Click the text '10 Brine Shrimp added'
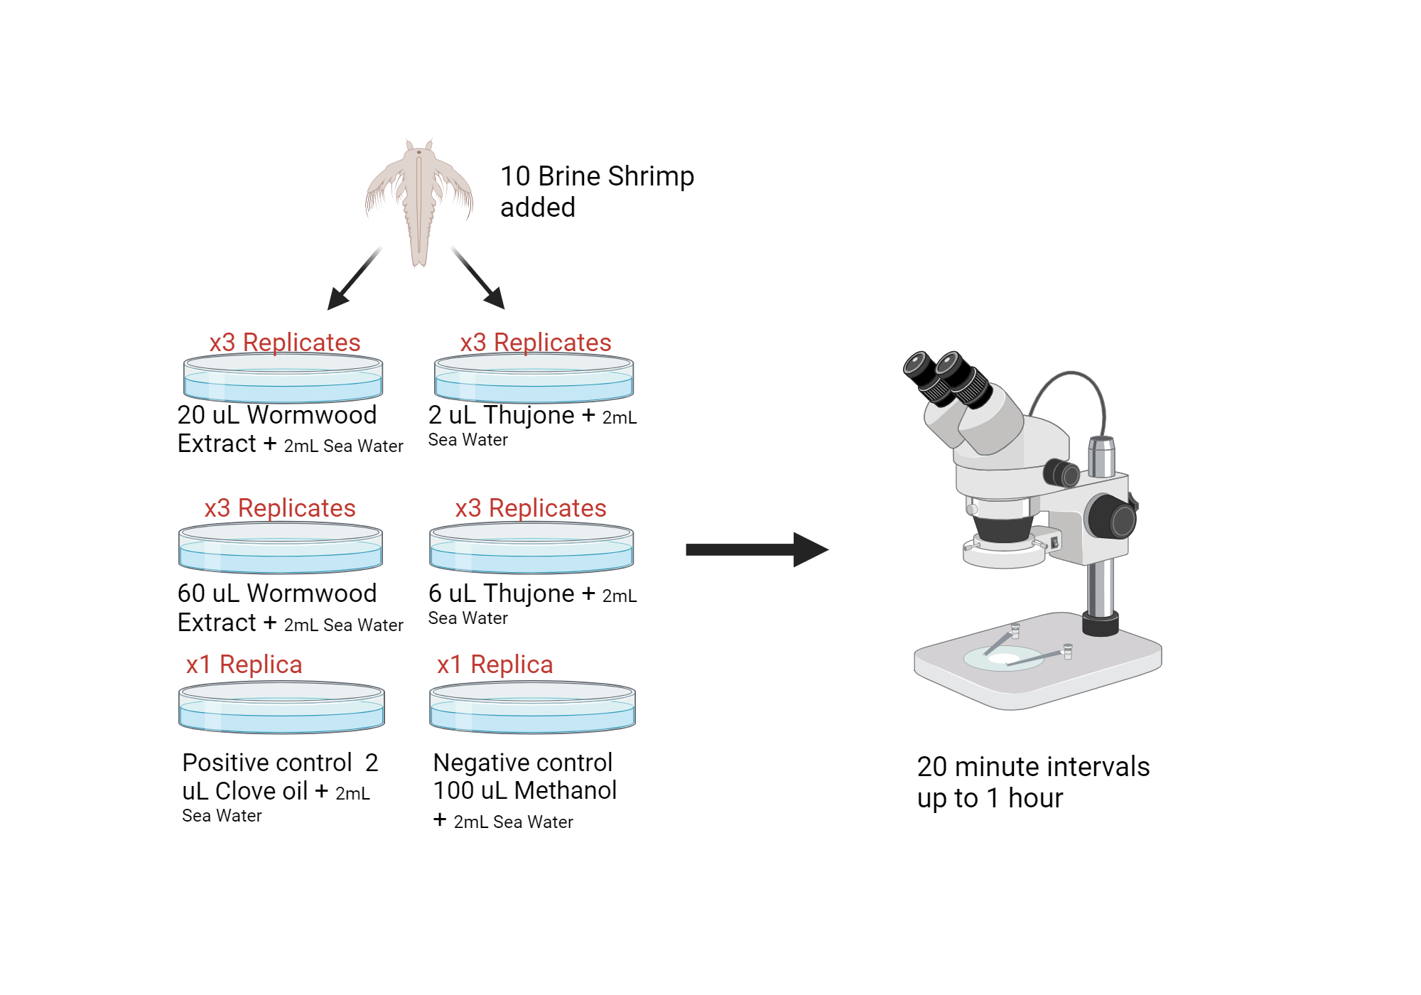[x=597, y=191]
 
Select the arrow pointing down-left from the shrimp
[x=353, y=279]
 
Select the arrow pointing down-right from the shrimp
[x=479, y=279]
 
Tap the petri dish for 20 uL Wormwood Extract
[x=283, y=379]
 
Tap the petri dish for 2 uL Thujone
[x=534, y=379]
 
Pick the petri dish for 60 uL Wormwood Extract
[x=281, y=548]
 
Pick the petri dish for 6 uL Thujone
[x=531, y=548]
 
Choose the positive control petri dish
[x=281, y=708]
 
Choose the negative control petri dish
[x=532, y=708]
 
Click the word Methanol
[x=566, y=791]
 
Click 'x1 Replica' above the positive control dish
[x=244, y=665]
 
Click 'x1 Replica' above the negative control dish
[x=495, y=665]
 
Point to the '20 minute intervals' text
[x=1033, y=767]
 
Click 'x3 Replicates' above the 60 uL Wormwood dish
[x=280, y=508]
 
